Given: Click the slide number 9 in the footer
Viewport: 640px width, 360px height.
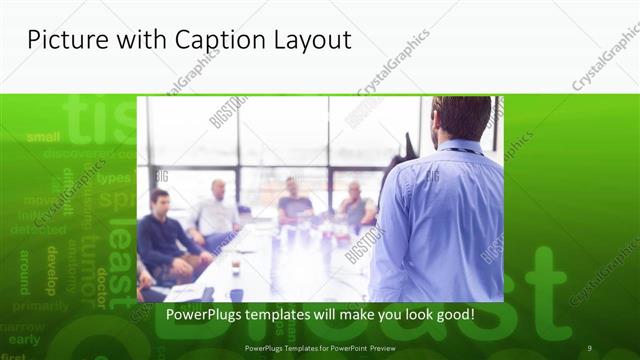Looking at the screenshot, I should pos(589,347).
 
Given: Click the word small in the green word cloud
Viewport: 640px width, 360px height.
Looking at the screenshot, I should pos(43,137).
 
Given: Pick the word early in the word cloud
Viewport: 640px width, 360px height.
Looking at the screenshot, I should pos(24,340).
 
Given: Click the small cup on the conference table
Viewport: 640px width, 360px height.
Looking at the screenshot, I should pos(236,264).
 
